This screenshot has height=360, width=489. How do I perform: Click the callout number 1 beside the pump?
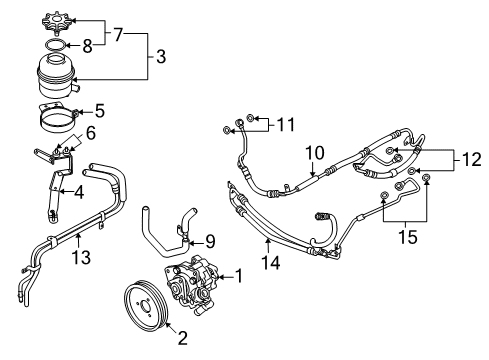[239, 276]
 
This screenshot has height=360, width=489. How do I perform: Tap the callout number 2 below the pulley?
[183, 338]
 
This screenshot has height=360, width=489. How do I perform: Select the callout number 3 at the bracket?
[161, 56]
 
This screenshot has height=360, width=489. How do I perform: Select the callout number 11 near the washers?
[286, 125]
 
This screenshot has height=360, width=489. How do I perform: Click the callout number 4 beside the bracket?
[79, 192]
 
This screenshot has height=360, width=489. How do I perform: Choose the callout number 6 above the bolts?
[91, 133]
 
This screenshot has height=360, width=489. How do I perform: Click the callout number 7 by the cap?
[118, 35]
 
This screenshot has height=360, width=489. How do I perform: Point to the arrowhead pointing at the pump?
[219, 277]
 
